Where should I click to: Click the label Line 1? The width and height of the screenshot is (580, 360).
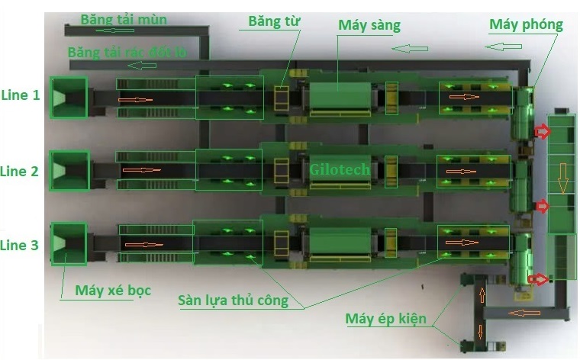point(20,95)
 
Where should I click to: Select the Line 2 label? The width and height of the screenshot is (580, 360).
point(20,171)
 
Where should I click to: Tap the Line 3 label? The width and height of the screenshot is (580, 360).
point(20,245)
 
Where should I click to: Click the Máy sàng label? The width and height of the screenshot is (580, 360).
point(369,25)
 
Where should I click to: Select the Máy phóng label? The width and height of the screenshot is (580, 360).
point(526,24)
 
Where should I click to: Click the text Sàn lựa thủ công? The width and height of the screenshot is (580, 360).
point(234,300)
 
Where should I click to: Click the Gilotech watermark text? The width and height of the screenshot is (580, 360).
point(340,169)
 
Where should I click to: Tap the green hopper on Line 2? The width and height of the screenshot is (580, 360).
point(69,171)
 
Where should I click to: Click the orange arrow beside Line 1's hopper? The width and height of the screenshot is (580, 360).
point(135,99)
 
